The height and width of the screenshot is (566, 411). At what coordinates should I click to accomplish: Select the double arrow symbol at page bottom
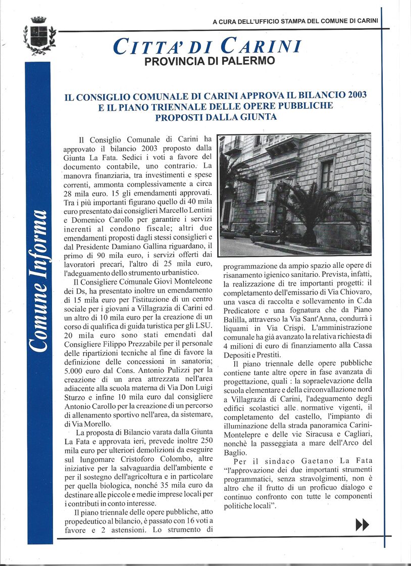362,525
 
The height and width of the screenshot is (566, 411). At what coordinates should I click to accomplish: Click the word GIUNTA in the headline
256,117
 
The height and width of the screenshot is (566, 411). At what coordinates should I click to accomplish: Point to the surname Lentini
198,206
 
